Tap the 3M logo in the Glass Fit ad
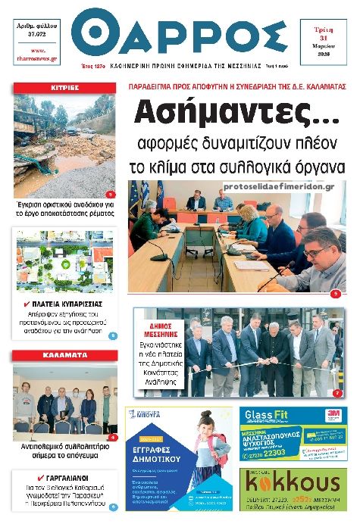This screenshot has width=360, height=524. [x=331, y=414]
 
